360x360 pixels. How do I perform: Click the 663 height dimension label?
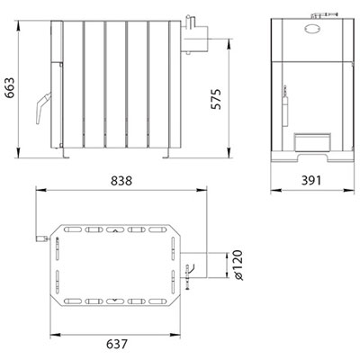click(11, 88)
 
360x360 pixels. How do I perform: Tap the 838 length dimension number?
click(121, 181)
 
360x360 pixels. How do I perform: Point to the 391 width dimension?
click(311, 180)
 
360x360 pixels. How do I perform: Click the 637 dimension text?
click(117, 344)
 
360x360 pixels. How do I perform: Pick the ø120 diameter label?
click(238, 265)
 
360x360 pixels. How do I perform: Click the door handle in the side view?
click(43, 107)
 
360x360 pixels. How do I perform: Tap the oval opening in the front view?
click(313, 29)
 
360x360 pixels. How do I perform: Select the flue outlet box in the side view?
click(194, 39)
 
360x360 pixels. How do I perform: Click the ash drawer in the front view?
click(311, 141)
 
